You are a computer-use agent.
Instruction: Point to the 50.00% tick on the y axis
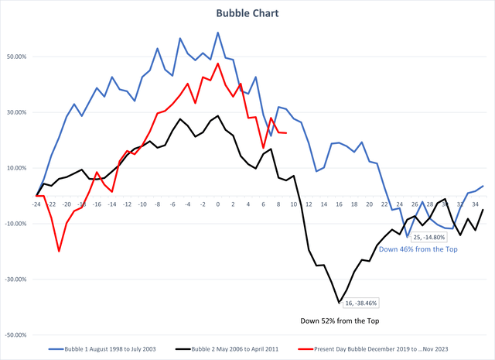(x=15, y=57)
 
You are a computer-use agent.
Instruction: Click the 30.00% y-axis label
(x=15, y=112)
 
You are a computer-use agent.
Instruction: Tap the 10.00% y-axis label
(x=15, y=168)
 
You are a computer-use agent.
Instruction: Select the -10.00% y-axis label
(x=15, y=224)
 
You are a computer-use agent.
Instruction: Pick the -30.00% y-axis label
(x=15, y=279)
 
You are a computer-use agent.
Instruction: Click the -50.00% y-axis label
(x=15, y=335)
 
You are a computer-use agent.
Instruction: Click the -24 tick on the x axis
(x=36, y=204)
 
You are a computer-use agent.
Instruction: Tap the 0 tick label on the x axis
(x=218, y=204)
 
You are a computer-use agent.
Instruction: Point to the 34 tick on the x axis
(x=475, y=204)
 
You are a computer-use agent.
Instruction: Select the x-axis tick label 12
(x=309, y=204)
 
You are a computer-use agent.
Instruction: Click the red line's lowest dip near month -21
(x=59, y=251)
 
